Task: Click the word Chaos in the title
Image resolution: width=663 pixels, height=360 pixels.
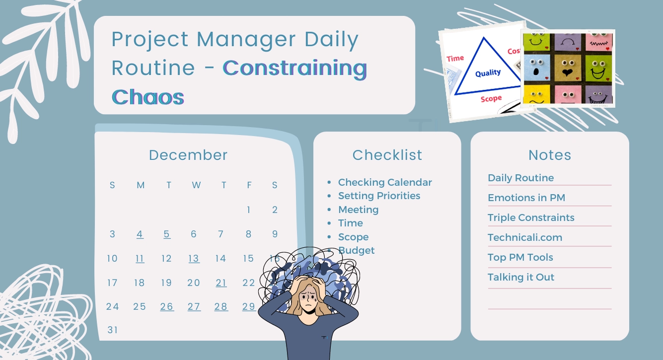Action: coord(148,97)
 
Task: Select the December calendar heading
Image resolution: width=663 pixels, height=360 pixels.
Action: coord(188,155)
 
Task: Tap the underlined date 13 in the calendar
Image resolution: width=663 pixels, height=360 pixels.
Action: coord(194,259)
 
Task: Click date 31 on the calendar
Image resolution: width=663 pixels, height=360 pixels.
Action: coord(113,330)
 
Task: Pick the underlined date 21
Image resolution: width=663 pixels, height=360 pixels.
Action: coord(221,283)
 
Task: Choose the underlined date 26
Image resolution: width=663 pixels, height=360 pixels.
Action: coord(167,307)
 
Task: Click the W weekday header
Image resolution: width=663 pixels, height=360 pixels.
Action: coord(196,185)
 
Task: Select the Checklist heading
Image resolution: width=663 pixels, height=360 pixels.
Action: coord(387,155)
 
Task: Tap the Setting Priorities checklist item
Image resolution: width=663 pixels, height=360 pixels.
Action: coord(379,196)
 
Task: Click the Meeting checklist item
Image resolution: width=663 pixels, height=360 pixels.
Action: coord(358,210)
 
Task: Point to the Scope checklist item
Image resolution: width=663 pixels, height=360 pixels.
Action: coord(353,237)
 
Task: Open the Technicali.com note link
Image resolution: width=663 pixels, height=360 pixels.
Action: coord(524,237)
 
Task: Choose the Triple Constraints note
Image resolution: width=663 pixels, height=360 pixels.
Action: coord(531,217)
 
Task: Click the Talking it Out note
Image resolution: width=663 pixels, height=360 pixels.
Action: coord(520,277)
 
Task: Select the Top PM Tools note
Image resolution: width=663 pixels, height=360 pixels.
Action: coord(520,257)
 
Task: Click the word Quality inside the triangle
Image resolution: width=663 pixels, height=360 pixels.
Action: coord(488,73)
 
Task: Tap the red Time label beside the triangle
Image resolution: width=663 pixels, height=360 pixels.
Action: coord(455,58)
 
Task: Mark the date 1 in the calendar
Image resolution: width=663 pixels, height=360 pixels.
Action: coord(248,210)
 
